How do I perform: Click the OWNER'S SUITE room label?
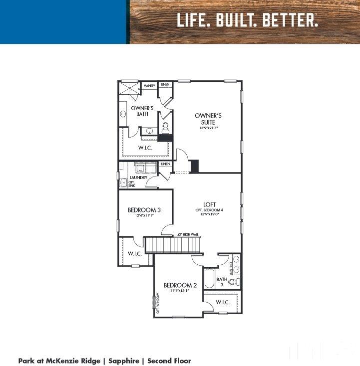tap(208, 118)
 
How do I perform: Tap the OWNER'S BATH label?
tap(140, 111)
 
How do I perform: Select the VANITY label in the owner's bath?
tap(149, 86)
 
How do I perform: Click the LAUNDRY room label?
tap(138, 178)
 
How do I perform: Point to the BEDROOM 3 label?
tap(143, 210)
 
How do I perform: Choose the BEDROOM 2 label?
tap(180, 285)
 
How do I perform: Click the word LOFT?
tap(209, 204)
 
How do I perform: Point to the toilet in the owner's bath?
tap(165, 128)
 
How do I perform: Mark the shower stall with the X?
tap(129, 88)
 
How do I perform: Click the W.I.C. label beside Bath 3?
tap(222, 303)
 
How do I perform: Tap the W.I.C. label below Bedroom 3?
tap(135, 254)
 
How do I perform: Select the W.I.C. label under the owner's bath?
tap(144, 148)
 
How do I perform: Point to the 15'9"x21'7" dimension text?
tap(208, 128)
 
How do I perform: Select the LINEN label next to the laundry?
tap(166, 164)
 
